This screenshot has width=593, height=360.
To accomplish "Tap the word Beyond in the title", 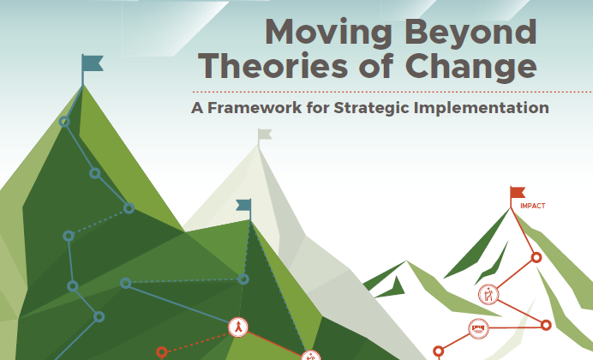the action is tap(470, 33).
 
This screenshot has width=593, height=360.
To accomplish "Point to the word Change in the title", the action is tap(470, 68).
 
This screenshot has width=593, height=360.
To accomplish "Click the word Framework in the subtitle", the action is tap(255, 108).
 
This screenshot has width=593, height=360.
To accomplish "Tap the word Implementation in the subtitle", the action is tap(482, 108).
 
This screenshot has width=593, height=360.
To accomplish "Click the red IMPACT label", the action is tap(532, 206).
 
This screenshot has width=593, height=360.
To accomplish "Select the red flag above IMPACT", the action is tap(517, 193).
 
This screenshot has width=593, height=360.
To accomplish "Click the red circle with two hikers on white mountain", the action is tap(488, 294).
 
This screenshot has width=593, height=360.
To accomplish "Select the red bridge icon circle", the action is tap(478, 328).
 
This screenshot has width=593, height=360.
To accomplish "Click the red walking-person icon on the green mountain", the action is tap(238, 327).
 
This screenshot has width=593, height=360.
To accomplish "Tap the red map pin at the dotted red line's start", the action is tap(161, 352).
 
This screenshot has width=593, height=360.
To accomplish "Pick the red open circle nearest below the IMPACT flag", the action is tap(536, 257).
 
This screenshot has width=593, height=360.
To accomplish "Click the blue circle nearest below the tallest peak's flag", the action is tap(64, 122).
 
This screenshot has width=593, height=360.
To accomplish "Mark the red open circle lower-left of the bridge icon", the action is tap(438, 351).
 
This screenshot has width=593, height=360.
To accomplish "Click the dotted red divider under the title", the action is tap(392, 92).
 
